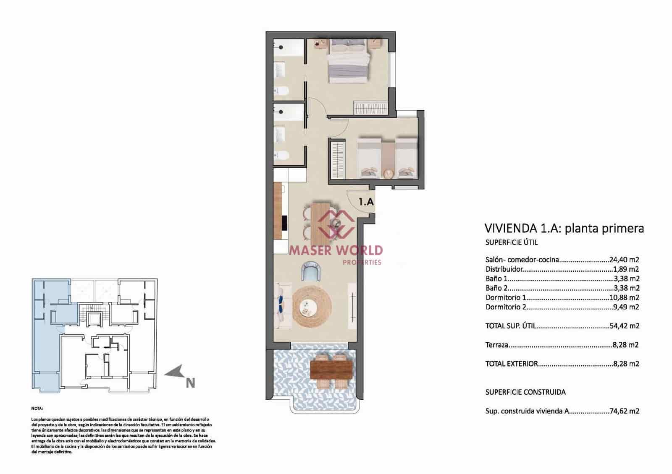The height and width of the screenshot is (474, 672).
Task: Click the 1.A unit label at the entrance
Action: [x=366, y=202]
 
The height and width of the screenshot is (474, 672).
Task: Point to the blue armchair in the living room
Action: [x=311, y=271]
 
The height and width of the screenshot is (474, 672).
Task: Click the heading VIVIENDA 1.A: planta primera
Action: [x=564, y=229]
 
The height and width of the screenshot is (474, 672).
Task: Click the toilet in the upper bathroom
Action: [x=282, y=90]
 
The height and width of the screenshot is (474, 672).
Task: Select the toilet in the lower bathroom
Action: [x=282, y=156]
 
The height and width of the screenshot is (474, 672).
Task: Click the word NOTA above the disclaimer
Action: [x=37, y=408]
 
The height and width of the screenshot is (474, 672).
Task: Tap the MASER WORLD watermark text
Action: [x=336, y=250]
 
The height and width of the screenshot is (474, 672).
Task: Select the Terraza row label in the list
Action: [x=497, y=345]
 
